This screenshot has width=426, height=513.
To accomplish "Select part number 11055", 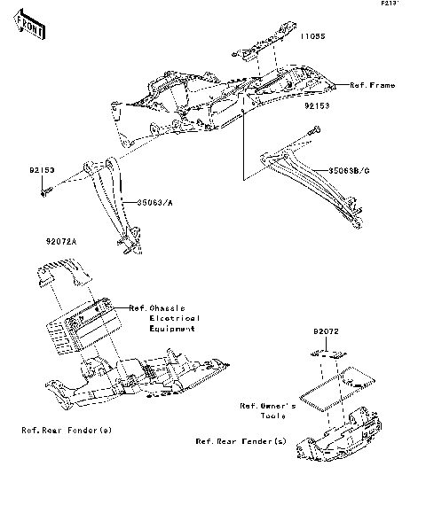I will [313, 38].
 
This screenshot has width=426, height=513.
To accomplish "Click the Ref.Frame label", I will [371, 85].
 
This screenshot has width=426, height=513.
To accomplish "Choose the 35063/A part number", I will [153, 201].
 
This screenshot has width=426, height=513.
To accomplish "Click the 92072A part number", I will [61, 241].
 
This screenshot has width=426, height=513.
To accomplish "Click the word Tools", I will [273, 416].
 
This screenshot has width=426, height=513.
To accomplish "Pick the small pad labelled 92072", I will [326, 353].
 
